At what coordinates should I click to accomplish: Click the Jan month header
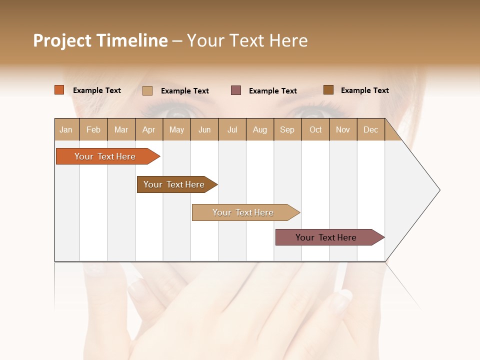tap(66, 129)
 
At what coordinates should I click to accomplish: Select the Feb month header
tap(93, 129)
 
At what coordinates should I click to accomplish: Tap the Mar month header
tap(121, 129)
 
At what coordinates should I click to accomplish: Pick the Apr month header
tap(149, 129)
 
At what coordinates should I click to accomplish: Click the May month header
tap(176, 129)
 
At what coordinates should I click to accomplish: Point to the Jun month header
tap(204, 129)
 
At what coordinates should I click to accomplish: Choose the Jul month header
tap(232, 129)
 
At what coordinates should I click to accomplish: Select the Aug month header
tap(260, 129)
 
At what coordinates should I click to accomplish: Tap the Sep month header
tap(287, 129)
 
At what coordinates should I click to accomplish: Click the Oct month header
tap(315, 129)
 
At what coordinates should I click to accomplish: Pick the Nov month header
tap(343, 129)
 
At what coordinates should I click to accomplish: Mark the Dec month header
tap(371, 129)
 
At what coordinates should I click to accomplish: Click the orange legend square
tap(59, 90)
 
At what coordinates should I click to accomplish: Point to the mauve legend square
tap(236, 90)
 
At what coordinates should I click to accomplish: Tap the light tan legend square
tap(147, 90)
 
